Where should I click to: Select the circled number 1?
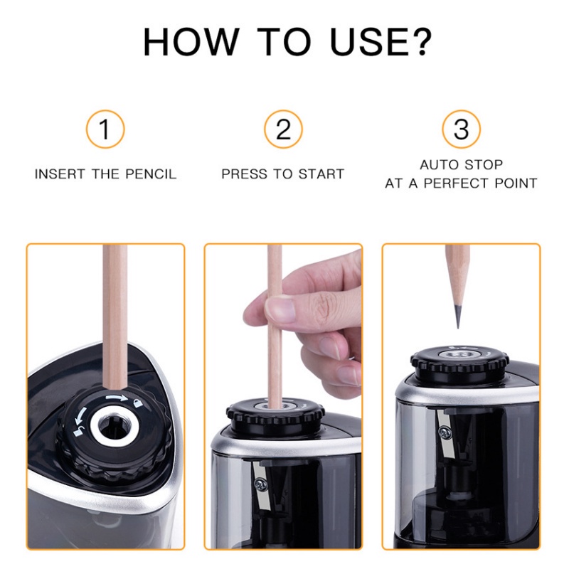point(105,130)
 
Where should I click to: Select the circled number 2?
point(283,130)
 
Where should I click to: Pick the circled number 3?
point(461,130)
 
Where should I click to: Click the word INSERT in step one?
point(60,174)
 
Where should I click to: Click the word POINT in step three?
point(517,184)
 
